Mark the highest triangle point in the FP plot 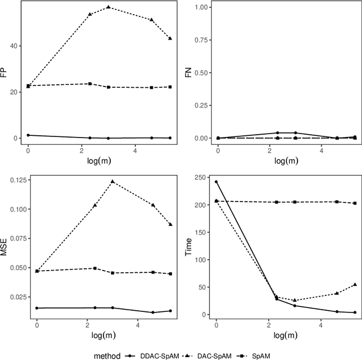click(109, 7)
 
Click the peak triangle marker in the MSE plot click(112, 182)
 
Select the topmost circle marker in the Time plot click(216, 182)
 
